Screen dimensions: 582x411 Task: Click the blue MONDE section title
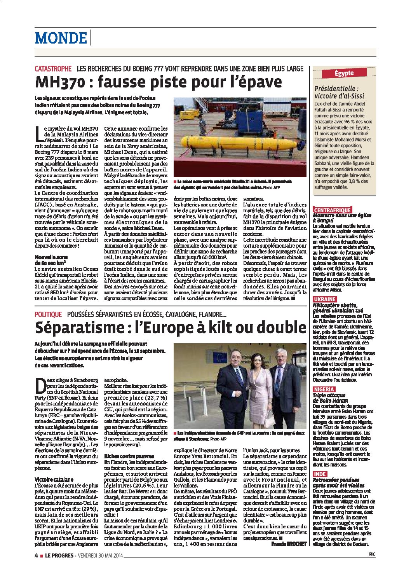pos(61,38)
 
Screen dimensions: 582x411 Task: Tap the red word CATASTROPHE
pos(53,68)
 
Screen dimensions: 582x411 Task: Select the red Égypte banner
pos(344,73)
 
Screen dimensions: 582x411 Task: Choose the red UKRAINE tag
pos(325,299)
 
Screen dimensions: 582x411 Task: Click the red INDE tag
pos(320,474)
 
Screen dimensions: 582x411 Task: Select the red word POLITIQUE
pos(48,314)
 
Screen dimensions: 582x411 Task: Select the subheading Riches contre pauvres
pos(124,456)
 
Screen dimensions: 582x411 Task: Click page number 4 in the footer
pos(36,556)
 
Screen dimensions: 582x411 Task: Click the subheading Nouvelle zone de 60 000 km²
pos(51,260)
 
